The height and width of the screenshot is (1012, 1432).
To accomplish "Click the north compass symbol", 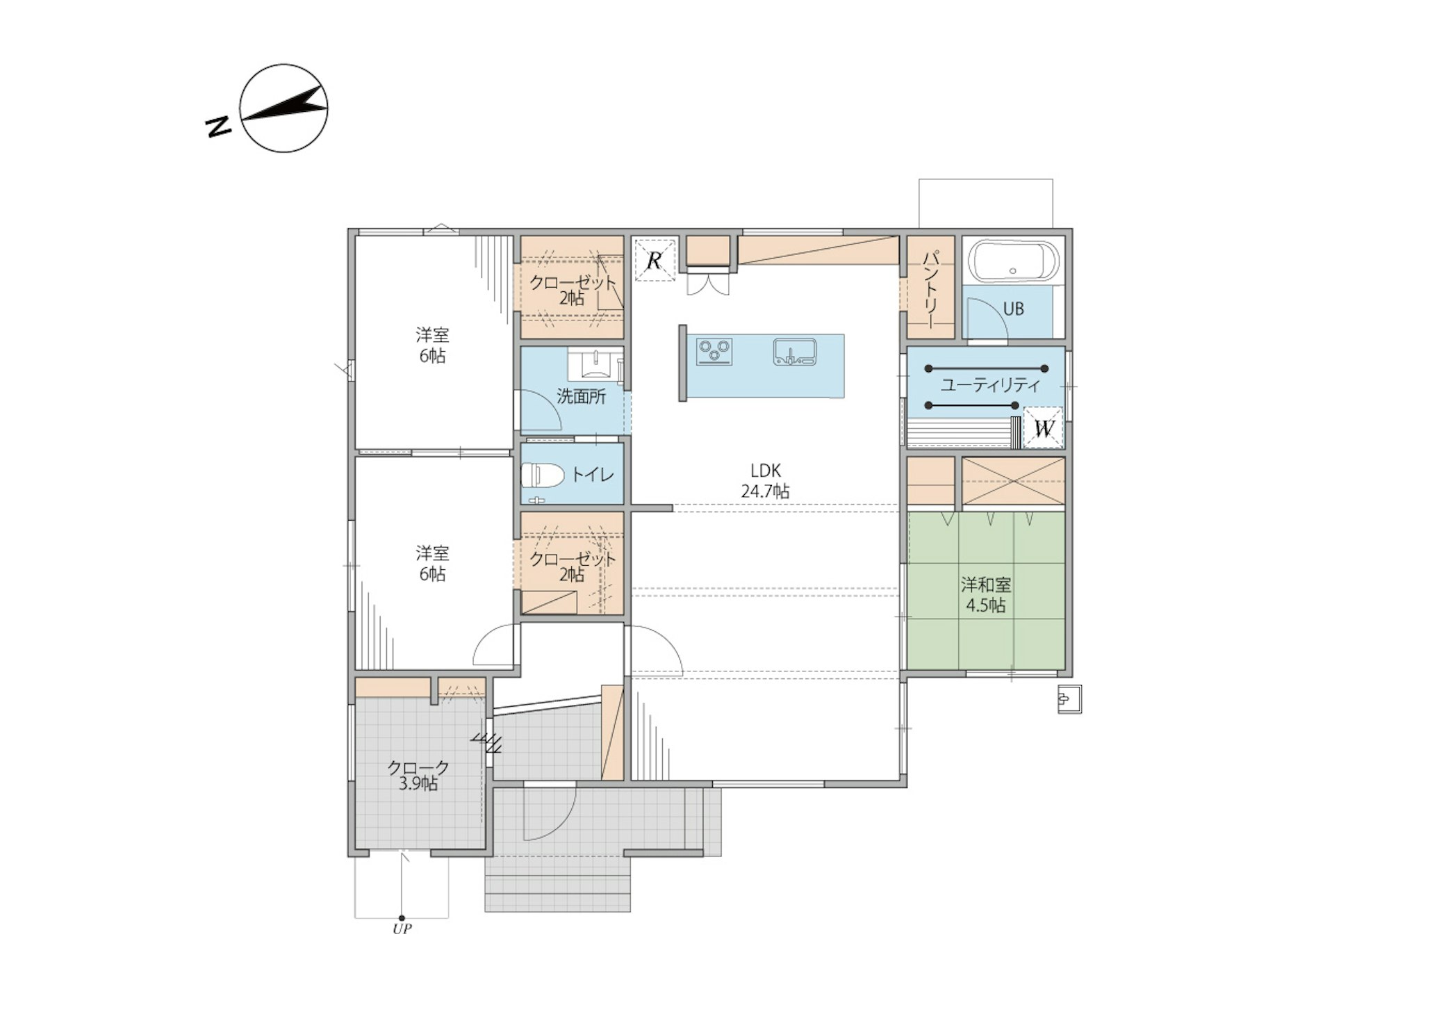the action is click(283, 108).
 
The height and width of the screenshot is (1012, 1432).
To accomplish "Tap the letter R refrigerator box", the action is click(655, 260).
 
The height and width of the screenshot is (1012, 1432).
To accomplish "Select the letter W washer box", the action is click(1044, 427).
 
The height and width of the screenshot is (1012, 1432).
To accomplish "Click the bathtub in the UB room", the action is click(1014, 262).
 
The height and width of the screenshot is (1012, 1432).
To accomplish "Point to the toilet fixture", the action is click(542, 475).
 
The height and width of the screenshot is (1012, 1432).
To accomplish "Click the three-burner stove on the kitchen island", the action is click(715, 351).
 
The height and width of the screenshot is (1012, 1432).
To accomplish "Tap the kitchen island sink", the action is click(796, 352).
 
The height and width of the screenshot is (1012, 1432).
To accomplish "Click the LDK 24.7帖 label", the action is click(765, 480).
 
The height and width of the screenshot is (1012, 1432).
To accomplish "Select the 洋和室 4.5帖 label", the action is click(986, 594).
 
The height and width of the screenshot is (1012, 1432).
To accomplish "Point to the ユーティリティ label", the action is click(991, 385).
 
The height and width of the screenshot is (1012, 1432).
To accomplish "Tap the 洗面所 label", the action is click(581, 397).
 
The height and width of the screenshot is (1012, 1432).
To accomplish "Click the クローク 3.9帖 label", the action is click(418, 775).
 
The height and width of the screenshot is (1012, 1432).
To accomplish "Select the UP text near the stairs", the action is click(402, 929).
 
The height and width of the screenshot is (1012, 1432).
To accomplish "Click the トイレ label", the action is click(593, 475).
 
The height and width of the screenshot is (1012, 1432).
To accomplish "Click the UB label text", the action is click(1014, 309).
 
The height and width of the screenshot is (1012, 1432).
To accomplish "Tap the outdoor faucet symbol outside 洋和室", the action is click(1069, 699).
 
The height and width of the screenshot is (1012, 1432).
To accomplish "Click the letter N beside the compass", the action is click(219, 126).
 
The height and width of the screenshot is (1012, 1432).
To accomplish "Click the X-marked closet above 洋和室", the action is click(1013, 481).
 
